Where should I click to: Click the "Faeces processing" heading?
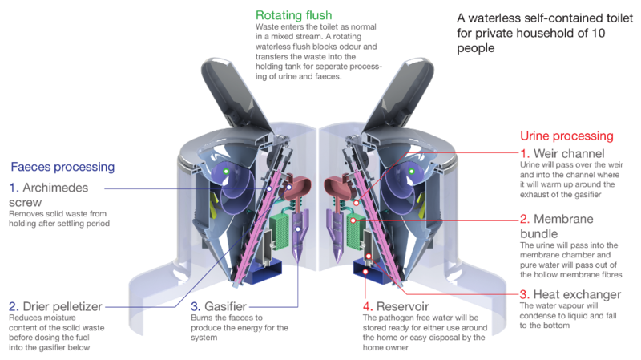pyautogui.click(x=62, y=167)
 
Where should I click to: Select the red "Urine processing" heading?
pyautogui.click(x=566, y=136)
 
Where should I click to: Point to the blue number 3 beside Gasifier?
pyautogui.click(x=195, y=306)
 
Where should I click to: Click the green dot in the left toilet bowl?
pyautogui.click(x=227, y=172)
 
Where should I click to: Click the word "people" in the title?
pyautogui.click(x=475, y=48)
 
